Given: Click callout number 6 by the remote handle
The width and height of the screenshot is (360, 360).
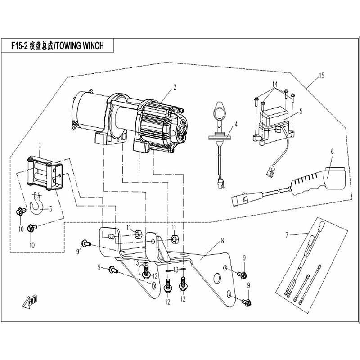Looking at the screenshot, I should [332, 153].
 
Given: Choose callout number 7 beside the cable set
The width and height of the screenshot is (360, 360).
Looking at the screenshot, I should [286, 234].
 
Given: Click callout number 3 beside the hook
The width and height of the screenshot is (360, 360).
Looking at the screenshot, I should [50, 208].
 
